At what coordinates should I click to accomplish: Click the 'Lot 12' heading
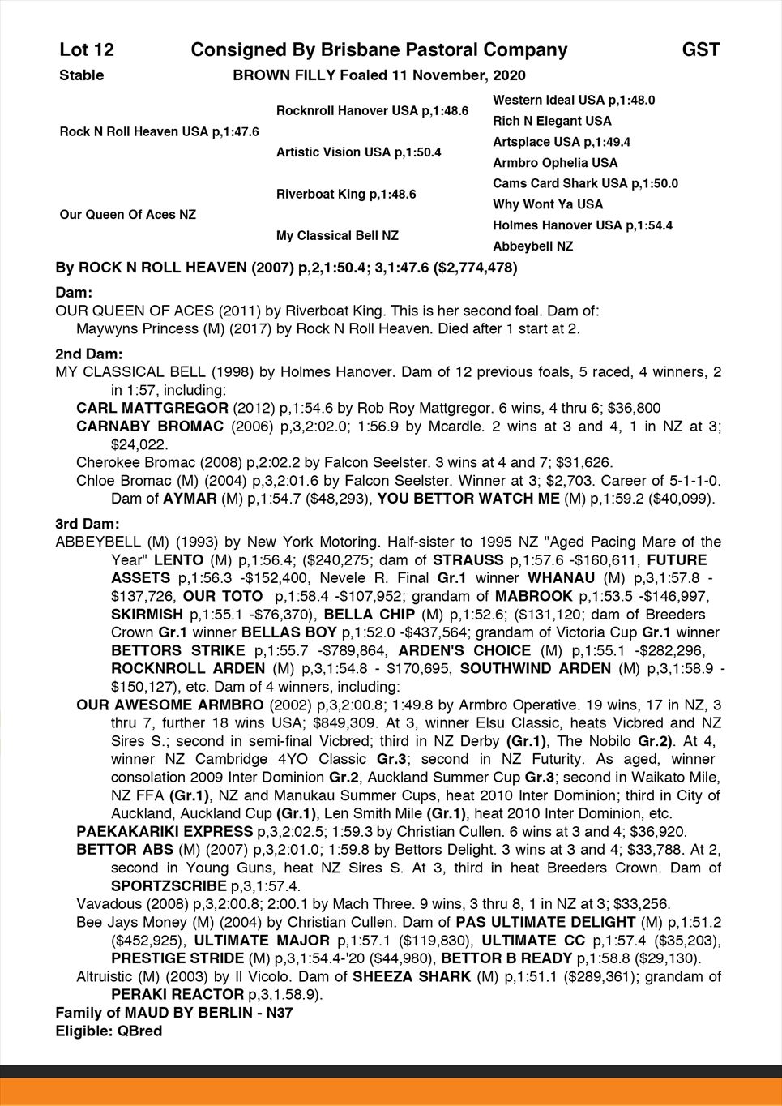pyautogui.click(x=87, y=50)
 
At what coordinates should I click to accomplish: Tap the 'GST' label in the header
pyautogui.click(x=700, y=50)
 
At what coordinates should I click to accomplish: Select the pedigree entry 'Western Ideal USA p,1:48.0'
pyautogui.click(x=574, y=101)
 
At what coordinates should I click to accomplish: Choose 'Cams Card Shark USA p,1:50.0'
pyautogui.click(x=585, y=184)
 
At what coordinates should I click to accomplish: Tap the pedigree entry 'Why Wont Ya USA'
pyautogui.click(x=548, y=205)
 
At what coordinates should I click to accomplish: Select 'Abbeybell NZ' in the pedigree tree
pyautogui.click(x=532, y=246)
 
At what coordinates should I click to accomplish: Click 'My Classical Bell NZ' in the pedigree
pyautogui.click(x=337, y=236)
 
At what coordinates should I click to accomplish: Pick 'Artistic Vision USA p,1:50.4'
pyautogui.click(x=358, y=152)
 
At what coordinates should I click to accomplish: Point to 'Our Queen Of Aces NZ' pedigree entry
pyautogui.click(x=127, y=215)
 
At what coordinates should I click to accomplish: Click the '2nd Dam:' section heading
pyautogui.click(x=89, y=354)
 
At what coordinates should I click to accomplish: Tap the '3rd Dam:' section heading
pyautogui.click(x=88, y=524)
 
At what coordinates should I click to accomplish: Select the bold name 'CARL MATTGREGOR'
pyautogui.click(x=152, y=408)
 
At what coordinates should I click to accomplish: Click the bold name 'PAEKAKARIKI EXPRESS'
pyautogui.click(x=165, y=832)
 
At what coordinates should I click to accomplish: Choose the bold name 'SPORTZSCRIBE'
pyautogui.click(x=169, y=886)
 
